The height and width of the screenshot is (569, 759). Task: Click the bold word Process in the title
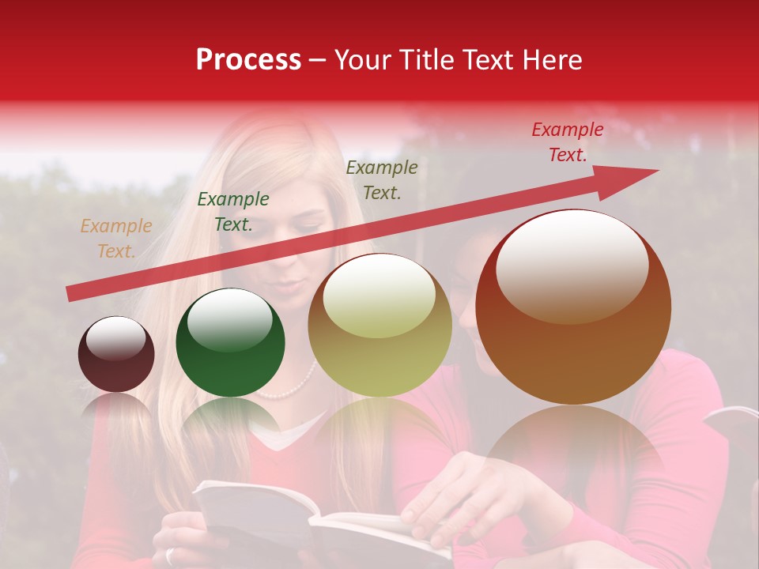pyautogui.click(x=248, y=60)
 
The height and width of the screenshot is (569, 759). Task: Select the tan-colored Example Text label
pyautogui.click(x=116, y=239)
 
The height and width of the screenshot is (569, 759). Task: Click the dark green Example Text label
pyautogui.click(x=232, y=212)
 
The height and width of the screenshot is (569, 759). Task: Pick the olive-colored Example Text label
pyautogui.click(x=382, y=180)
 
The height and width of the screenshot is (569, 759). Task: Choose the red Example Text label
pyautogui.click(x=567, y=142)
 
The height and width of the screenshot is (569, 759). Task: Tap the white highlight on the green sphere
pyautogui.click(x=229, y=316)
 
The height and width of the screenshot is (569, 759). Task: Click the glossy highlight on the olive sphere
pyautogui.click(x=379, y=297)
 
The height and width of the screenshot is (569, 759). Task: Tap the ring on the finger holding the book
pyautogui.click(x=171, y=556)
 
